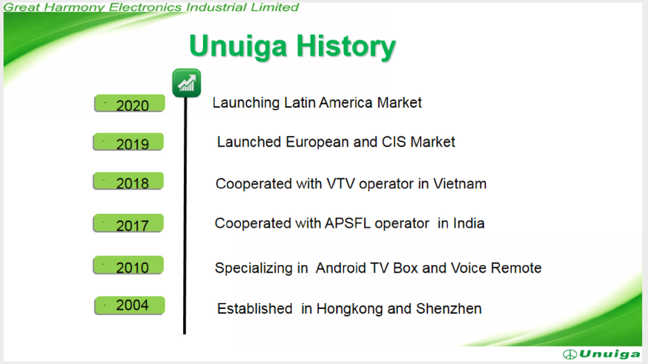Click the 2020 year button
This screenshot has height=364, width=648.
pyautogui.click(x=130, y=103)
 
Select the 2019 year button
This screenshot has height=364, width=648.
pyautogui.click(x=128, y=142)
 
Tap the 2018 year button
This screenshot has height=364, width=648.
pyautogui.click(x=128, y=181)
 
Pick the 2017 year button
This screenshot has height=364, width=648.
pyautogui.click(x=128, y=223)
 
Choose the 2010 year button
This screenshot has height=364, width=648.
pyautogui.click(x=128, y=265)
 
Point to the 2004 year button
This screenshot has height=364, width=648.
pyautogui.click(x=130, y=305)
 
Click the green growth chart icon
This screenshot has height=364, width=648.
pyautogui.click(x=187, y=83)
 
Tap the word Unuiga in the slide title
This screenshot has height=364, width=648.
pyautogui.click(x=238, y=47)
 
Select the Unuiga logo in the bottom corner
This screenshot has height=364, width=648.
pyautogui.click(x=602, y=354)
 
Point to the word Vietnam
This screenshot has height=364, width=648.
pyautogui.click(x=460, y=184)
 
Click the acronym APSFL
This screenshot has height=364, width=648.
pyautogui.click(x=348, y=223)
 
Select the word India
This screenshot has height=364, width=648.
pyautogui.click(x=469, y=223)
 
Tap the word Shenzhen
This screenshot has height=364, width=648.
pyautogui.click(x=449, y=309)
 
